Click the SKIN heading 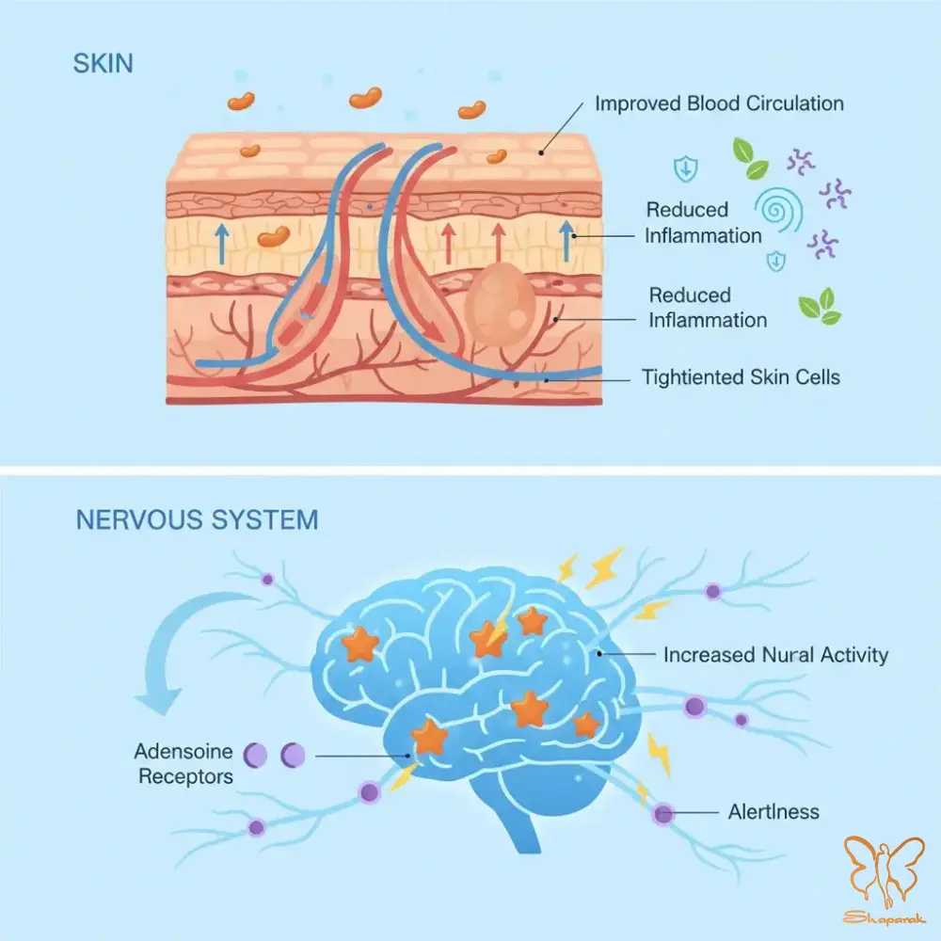[x=103, y=63]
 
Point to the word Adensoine [x=183, y=752]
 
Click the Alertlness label [x=774, y=811]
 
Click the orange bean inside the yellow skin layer [x=274, y=238]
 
